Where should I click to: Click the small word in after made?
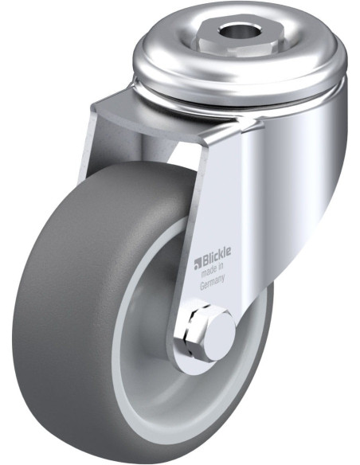point(221,271)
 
